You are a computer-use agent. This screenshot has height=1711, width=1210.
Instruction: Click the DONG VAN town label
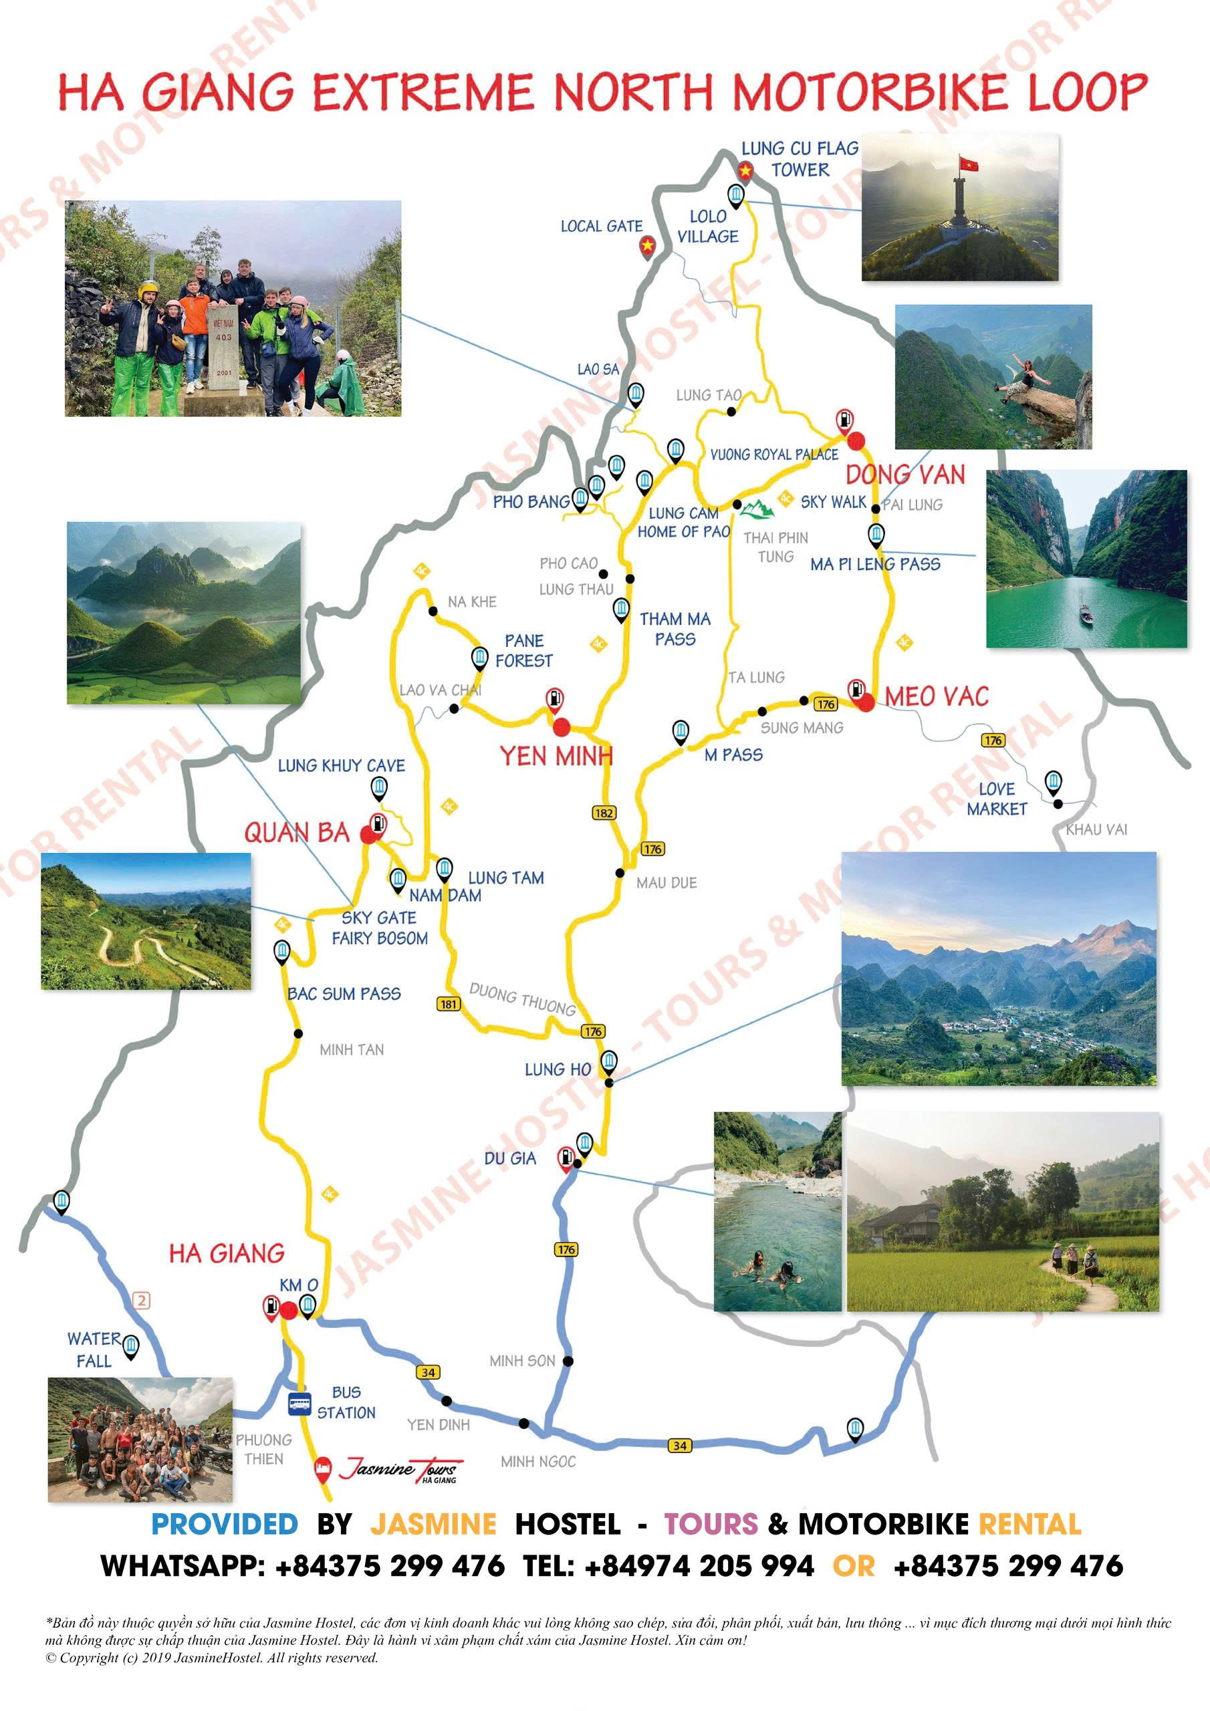click(905, 475)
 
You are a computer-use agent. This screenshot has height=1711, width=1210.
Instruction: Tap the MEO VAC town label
click(937, 697)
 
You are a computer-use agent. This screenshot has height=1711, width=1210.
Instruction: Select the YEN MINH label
click(556, 757)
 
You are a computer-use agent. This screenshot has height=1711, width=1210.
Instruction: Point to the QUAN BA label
click(297, 832)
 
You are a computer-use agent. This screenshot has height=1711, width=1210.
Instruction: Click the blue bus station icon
click(299, 1404)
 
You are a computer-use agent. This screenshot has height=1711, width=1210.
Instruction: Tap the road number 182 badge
click(604, 812)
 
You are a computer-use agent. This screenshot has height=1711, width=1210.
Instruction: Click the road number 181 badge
click(448, 1004)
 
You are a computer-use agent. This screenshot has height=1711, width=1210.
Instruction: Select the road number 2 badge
click(141, 1301)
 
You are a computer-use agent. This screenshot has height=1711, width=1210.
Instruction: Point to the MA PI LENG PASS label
click(875, 564)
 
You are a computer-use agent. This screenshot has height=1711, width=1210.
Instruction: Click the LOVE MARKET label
click(997, 799)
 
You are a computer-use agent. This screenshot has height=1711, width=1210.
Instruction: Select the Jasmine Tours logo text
click(401, 1469)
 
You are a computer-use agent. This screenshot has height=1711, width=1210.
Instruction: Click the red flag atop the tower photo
click(969, 162)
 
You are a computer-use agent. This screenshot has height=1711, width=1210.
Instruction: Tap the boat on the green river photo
click(1086, 613)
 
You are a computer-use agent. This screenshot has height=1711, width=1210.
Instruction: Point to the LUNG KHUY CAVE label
click(342, 765)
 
